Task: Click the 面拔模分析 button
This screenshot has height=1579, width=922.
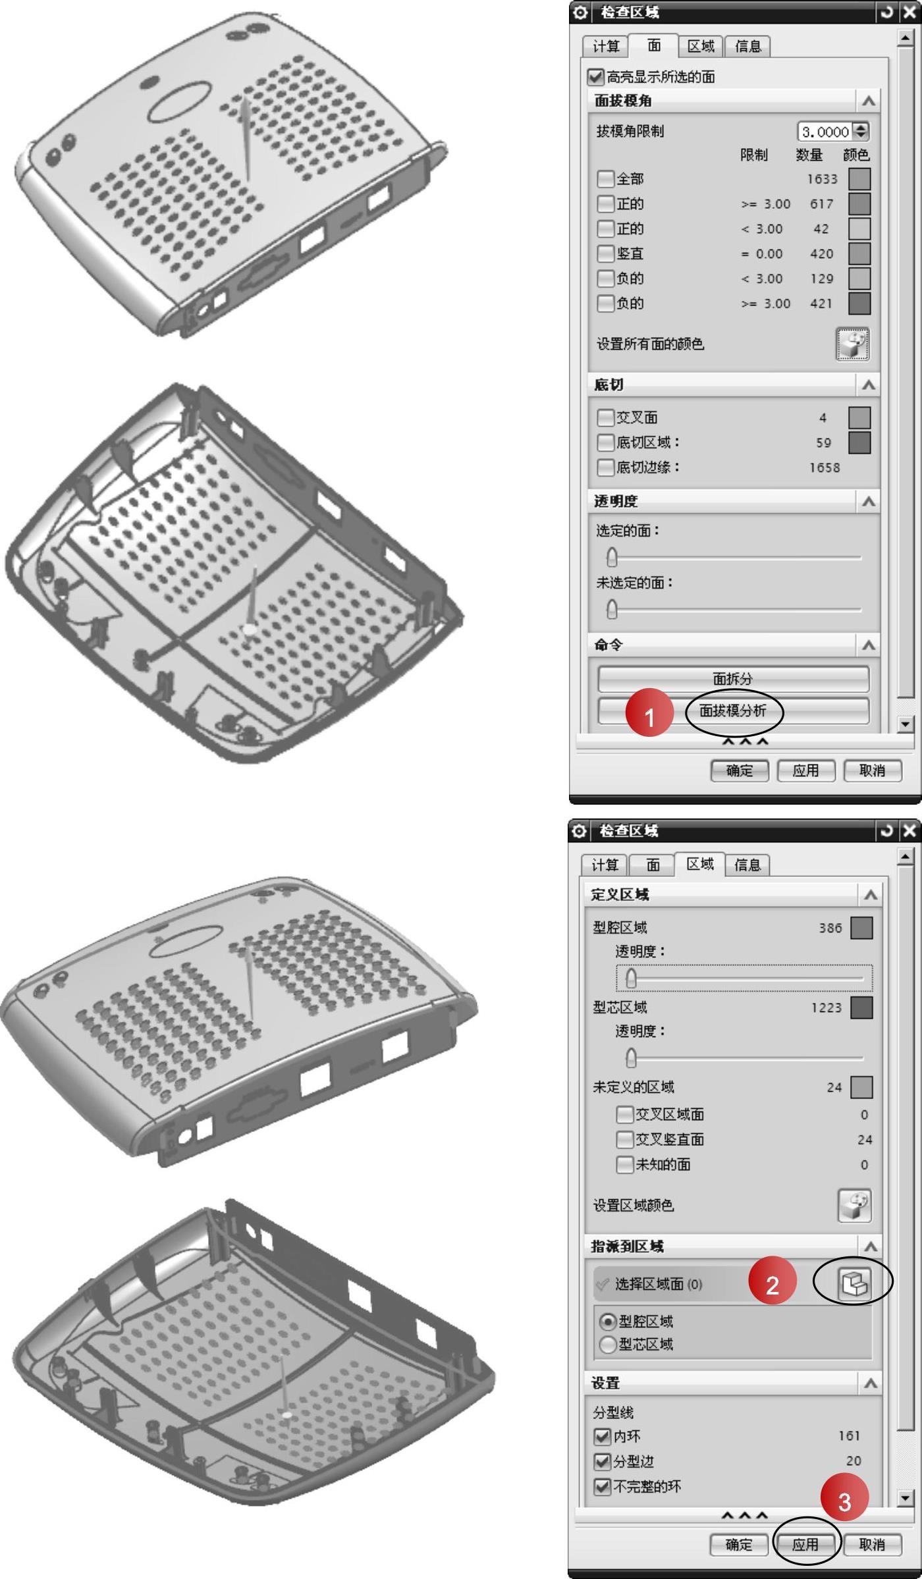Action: pyautogui.click(x=733, y=711)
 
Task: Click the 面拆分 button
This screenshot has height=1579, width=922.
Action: pyautogui.click(x=733, y=679)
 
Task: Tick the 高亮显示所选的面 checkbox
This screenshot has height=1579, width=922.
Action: pyautogui.click(x=596, y=77)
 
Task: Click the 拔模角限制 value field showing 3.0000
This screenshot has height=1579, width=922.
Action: pyautogui.click(x=825, y=132)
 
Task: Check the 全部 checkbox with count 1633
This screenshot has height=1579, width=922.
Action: pyautogui.click(x=605, y=179)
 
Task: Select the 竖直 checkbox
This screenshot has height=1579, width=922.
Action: pyautogui.click(x=605, y=254)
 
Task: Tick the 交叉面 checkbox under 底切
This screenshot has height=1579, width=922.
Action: pyautogui.click(x=605, y=417)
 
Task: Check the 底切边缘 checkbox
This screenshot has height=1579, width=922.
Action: pyautogui.click(x=605, y=468)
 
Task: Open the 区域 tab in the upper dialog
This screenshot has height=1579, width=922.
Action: pyautogui.click(x=701, y=46)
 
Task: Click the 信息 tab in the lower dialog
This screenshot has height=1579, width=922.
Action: pyautogui.click(x=747, y=865)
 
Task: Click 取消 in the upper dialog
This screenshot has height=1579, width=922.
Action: pyautogui.click(x=872, y=770)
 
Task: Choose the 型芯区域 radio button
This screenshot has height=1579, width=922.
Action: pyautogui.click(x=608, y=1345)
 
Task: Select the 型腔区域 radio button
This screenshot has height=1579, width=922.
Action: pyautogui.click(x=608, y=1322)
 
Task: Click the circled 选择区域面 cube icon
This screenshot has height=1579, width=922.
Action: pyautogui.click(x=854, y=1283)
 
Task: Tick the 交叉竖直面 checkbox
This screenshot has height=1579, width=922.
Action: pyautogui.click(x=624, y=1140)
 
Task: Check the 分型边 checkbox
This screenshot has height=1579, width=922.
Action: pyautogui.click(x=602, y=1462)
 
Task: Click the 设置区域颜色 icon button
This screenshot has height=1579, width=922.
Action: pyautogui.click(x=854, y=1206)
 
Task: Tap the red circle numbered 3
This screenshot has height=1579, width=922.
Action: pyautogui.click(x=844, y=1502)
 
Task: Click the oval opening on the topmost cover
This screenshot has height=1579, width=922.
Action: pyautogui.click(x=179, y=101)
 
